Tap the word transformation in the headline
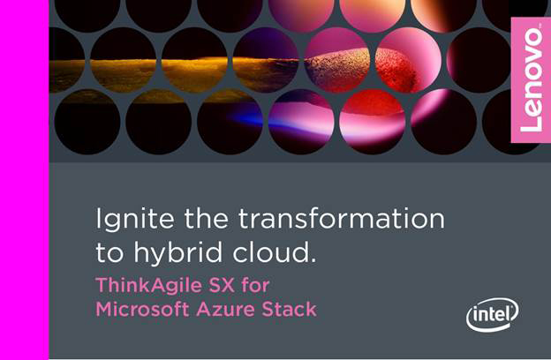click(342, 219)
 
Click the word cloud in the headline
click(269, 251)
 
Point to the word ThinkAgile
click(148, 286)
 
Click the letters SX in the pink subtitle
click(222, 285)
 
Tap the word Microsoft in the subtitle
click(142, 309)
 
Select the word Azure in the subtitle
click(226, 310)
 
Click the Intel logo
click(493, 314)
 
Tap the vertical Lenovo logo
click(531, 80)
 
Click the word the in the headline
click(207, 219)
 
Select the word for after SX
click(255, 285)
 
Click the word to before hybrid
click(109, 253)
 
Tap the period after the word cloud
click(313, 260)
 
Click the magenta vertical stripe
click(24, 180)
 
